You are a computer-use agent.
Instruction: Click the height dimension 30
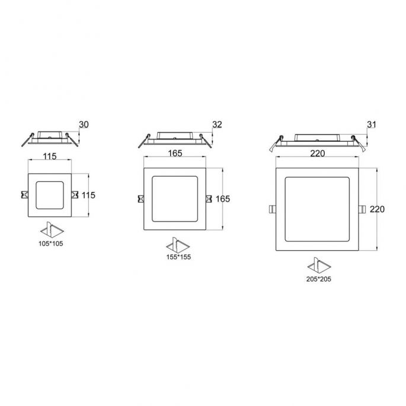coord(84,124)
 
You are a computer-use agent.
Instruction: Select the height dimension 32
coord(217,124)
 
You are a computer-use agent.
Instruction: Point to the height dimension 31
coord(372,124)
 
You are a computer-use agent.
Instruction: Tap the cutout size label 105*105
coord(51,244)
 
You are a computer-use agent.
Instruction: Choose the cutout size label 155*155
coord(178,257)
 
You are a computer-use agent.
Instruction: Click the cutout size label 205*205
coord(318,279)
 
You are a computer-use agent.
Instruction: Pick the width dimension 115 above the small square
coord(49,156)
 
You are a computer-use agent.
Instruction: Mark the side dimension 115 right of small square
coord(88,195)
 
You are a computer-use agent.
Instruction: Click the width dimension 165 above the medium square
coord(175,154)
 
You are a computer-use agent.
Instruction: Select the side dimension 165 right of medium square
coord(223,199)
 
